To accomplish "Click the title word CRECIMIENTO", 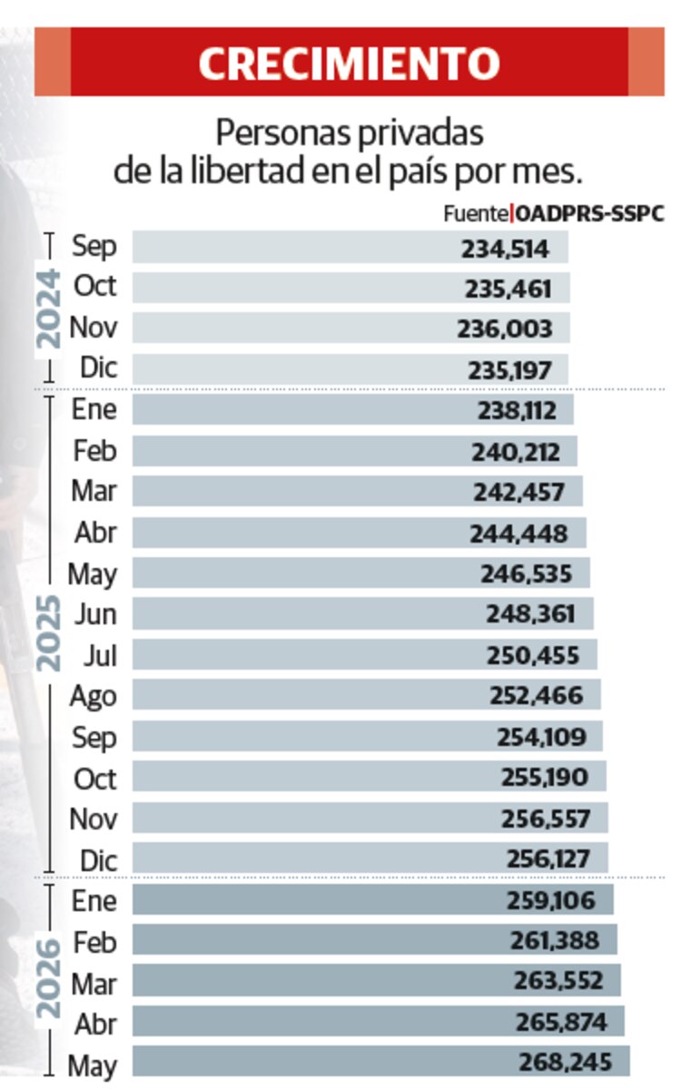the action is pyautogui.click(x=350, y=64).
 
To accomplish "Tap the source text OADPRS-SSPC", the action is pyautogui.click(x=589, y=214).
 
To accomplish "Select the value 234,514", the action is pyautogui.click(x=505, y=250).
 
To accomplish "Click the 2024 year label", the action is pyautogui.click(x=49, y=309).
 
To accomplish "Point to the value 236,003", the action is pyautogui.click(x=505, y=329).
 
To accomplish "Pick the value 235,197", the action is pyautogui.click(x=509, y=371).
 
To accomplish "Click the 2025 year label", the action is pyautogui.click(x=49, y=633).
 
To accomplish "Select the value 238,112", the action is pyautogui.click(x=517, y=411).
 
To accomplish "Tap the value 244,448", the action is pyautogui.click(x=518, y=534).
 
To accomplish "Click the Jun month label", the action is pyautogui.click(x=96, y=614).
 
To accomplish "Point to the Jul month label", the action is pyautogui.click(x=101, y=656).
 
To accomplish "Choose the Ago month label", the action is pyautogui.click(x=94, y=697).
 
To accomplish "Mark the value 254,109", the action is pyautogui.click(x=541, y=737).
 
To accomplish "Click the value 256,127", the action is pyautogui.click(x=548, y=858).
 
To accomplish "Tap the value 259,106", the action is pyautogui.click(x=550, y=900).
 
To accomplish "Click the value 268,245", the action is pyautogui.click(x=565, y=1063).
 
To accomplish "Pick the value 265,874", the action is pyautogui.click(x=561, y=1022).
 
